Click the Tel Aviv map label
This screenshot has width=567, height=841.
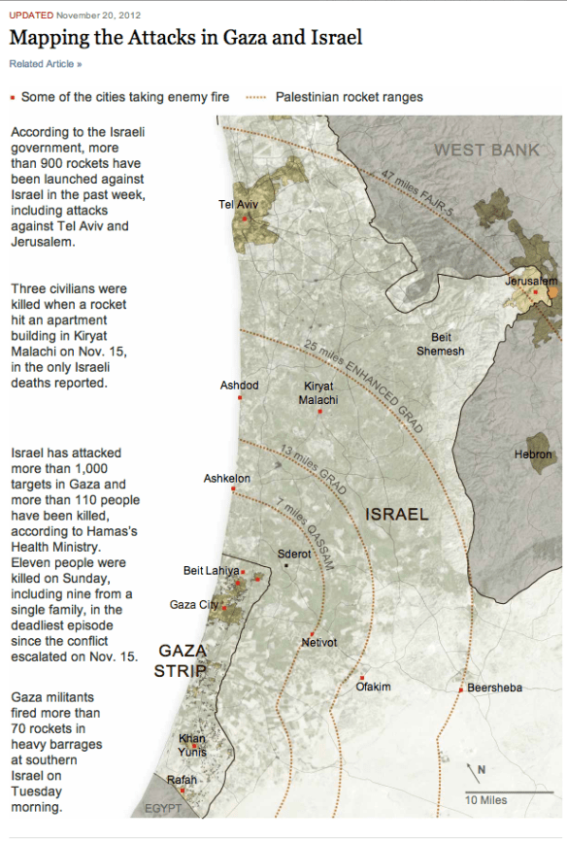click(x=238, y=204)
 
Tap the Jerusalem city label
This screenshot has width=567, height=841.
click(x=530, y=281)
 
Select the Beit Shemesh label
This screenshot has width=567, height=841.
click(x=441, y=344)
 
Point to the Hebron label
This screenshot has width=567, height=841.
click(x=533, y=454)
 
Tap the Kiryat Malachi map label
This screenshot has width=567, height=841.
click(x=318, y=392)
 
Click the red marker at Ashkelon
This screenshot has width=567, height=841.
click(x=233, y=488)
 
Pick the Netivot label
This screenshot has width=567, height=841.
click(x=318, y=642)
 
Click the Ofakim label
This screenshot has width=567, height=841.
click(x=373, y=687)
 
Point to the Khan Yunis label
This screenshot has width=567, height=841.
click(x=191, y=744)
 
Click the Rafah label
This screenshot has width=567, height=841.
click(x=182, y=780)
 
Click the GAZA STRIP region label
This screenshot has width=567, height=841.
click(x=182, y=659)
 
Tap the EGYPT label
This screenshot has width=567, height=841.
click(x=163, y=808)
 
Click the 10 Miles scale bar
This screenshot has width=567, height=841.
click(x=500, y=793)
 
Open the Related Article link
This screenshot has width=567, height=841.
click(x=46, y=64)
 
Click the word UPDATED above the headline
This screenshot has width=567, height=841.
click(x=31, y=16)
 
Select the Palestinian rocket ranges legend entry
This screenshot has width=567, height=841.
click(x=349, y=97)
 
